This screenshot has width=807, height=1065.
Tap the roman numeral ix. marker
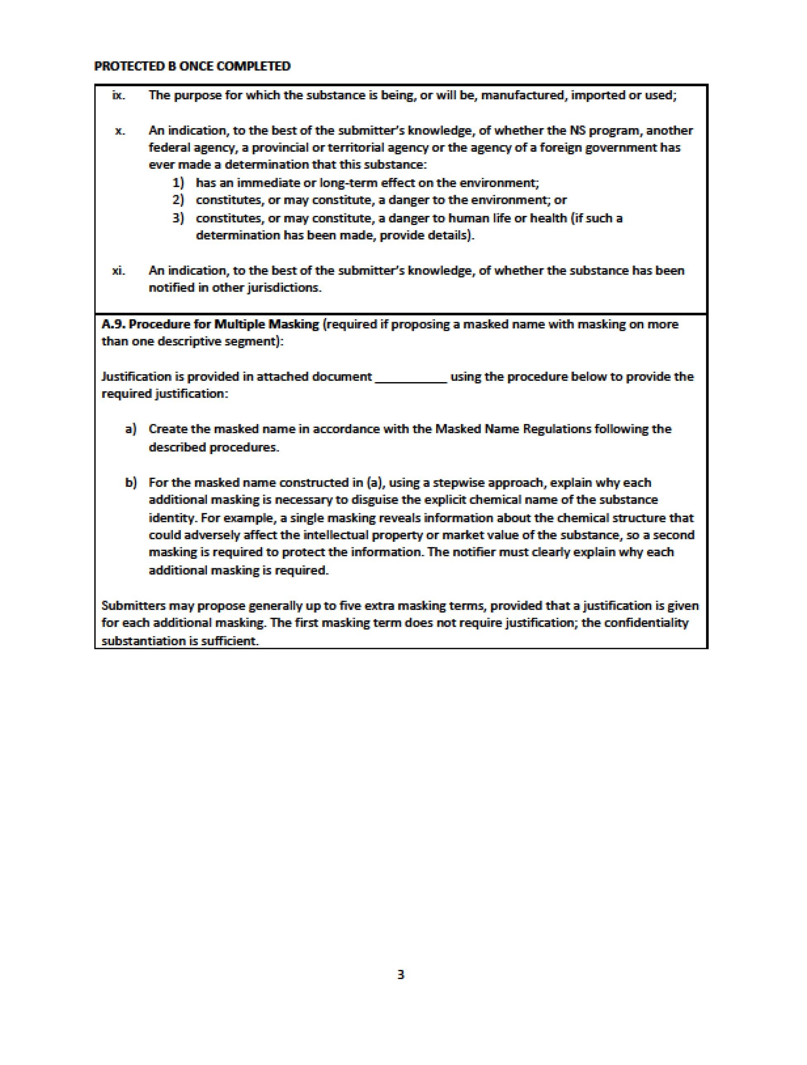118,95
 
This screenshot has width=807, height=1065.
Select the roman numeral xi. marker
118,270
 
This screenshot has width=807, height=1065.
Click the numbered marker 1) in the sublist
178,183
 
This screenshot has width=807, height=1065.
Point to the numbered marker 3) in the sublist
178,218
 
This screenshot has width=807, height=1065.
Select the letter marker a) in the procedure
130,429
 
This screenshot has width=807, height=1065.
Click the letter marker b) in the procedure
130,482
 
